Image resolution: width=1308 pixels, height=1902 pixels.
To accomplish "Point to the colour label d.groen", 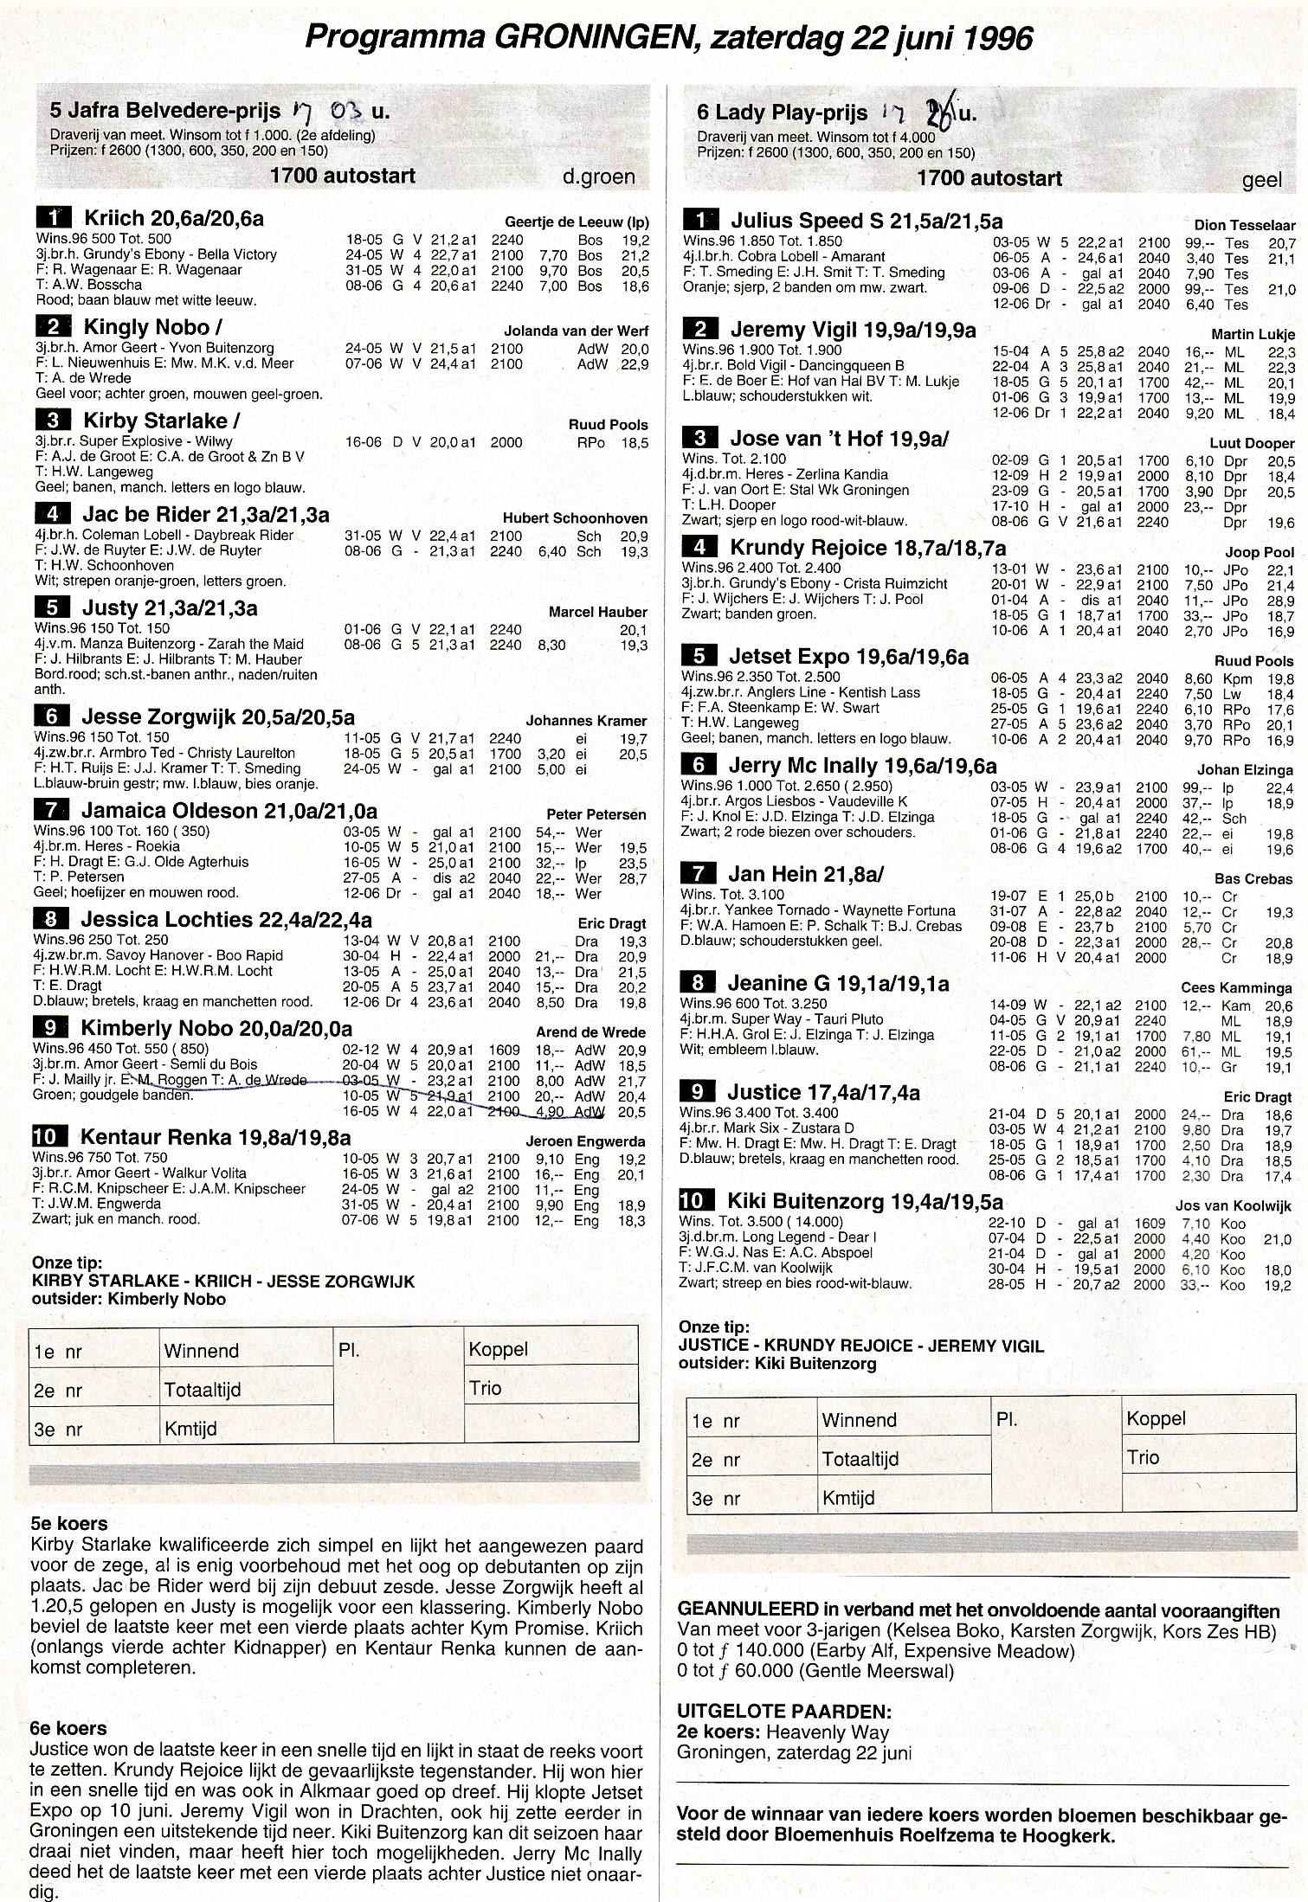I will (x=598, y=177).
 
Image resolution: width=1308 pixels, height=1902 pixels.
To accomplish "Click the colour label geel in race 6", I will (x=1261, y=179).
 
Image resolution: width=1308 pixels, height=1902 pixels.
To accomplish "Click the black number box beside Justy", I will (x=52, y=608).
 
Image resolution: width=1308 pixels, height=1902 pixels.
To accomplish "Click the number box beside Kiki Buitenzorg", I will (x=698, y=1201).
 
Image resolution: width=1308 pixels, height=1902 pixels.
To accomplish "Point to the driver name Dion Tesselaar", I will (x=1244, y=225).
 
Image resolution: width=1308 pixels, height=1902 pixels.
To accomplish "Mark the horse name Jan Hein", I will (x=772, y=874).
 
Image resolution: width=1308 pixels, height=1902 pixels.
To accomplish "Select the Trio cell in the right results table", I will (x=1143, y=1457).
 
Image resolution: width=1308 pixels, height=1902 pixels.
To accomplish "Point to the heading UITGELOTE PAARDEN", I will (x=784, y=1711).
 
